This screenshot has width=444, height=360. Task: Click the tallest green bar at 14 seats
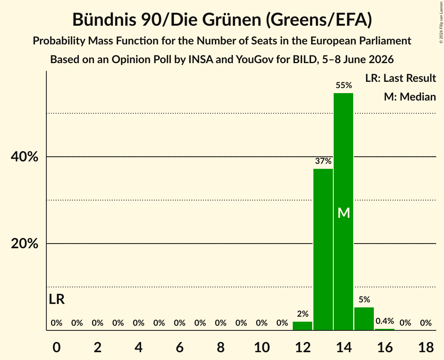(343, 212)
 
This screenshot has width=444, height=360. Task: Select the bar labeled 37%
(323, 249)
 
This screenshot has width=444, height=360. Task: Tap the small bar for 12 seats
(302, 326)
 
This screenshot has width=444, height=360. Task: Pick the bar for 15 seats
(364, 319)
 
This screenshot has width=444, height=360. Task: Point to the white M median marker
(344, 213)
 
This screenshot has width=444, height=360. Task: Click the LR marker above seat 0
(57, 299)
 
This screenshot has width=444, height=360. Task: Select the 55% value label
(344, 85)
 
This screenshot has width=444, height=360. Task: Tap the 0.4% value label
(385, 321)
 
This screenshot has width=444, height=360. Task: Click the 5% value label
(364, 300)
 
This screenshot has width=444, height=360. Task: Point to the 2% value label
(303, 314)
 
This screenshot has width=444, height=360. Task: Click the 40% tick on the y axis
(25, 157)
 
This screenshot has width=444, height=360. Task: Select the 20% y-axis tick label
(25, 244)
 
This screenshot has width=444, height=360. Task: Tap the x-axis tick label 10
(262, 347)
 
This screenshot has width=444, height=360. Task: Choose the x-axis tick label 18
(426, 347)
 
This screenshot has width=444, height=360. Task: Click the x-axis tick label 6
(180, 347)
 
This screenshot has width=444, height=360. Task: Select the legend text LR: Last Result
(400, 78)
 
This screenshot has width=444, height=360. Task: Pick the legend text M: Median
(410, 97)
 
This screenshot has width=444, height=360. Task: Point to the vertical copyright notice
(441, 22)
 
